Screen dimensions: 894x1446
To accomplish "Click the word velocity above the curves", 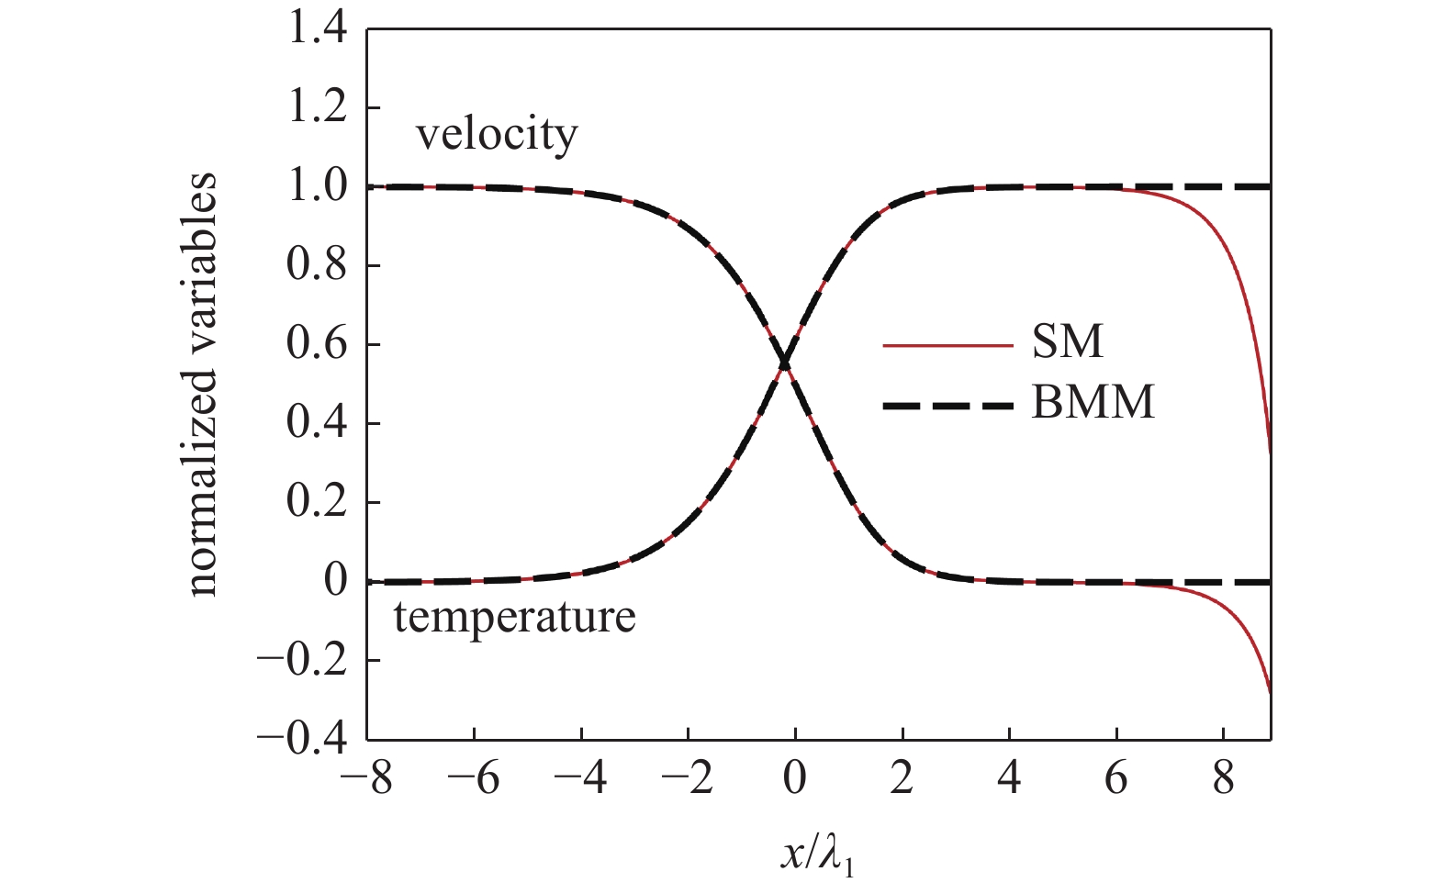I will pos(497,136).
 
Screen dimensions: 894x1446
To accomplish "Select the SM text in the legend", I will pos(1067,342).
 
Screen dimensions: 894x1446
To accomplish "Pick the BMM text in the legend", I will pos(1093,402).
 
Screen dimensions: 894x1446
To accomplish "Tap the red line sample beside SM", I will pos(947,346).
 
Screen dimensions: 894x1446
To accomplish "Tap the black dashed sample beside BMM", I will pos(947,405).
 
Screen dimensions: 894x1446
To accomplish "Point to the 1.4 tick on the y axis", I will pos(317,30).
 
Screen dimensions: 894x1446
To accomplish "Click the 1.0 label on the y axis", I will pos(317,187).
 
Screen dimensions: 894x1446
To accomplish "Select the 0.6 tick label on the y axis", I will pos(317,345).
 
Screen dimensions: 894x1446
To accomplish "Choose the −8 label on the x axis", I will pos(366,780).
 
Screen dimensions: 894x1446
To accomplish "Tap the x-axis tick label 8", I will pos(1223,780).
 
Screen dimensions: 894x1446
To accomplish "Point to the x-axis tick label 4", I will pos(1009,780).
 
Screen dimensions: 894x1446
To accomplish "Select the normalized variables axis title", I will pos(204,385).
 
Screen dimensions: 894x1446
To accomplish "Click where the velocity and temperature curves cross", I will pos(785,364).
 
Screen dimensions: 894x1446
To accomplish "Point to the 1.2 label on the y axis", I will pos(317,108).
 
